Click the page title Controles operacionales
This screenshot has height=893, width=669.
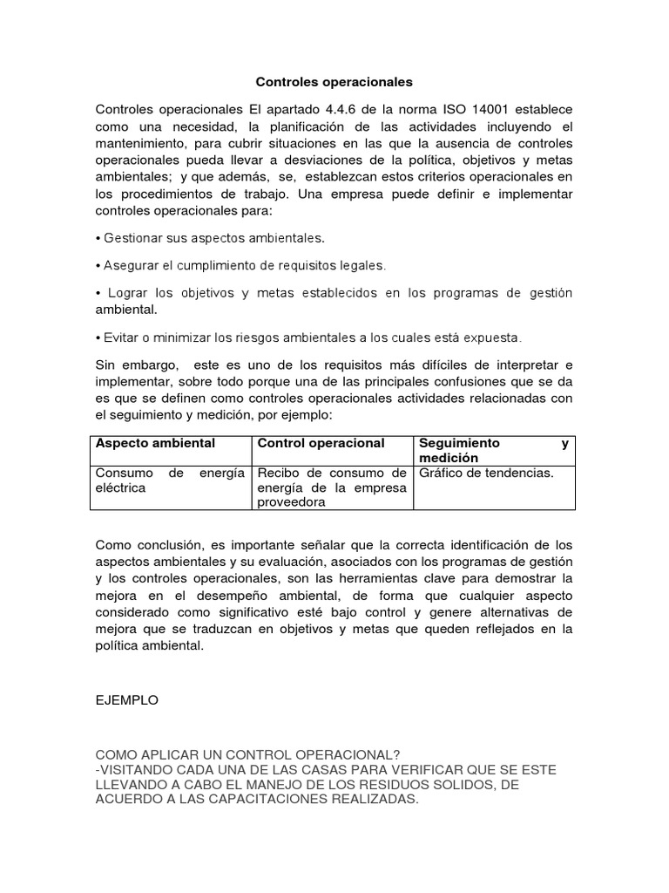pos(334,82)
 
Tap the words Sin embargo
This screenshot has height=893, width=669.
pos(129,364)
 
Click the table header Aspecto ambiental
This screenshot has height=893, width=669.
pos(154,443)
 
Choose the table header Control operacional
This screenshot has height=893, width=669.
pos(320,443)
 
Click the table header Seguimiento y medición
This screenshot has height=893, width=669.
pos(493,450)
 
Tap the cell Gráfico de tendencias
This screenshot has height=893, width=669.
pos(486,474)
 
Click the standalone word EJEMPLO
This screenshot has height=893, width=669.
pos(127,700)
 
